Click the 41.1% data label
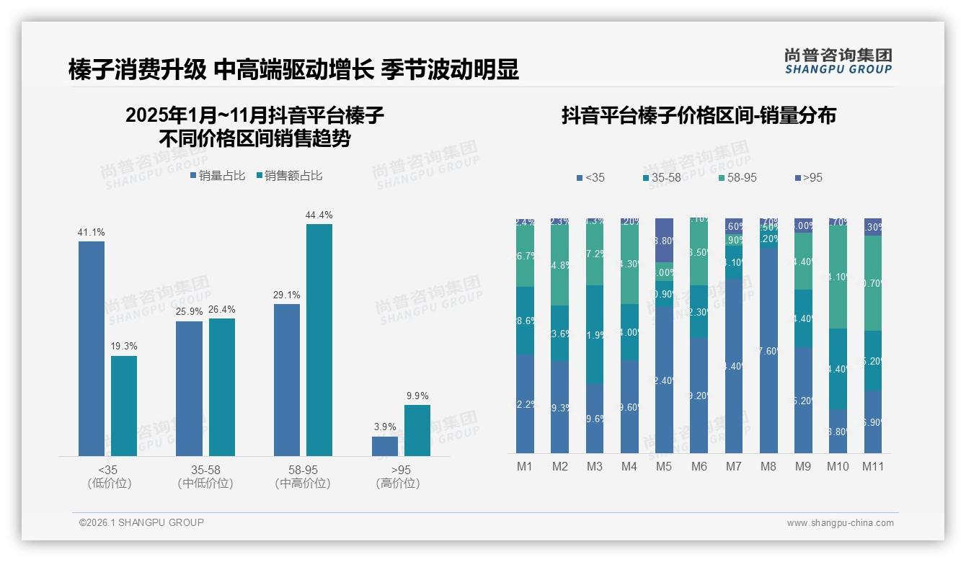[92, 232]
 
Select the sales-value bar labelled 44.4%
[319, 339]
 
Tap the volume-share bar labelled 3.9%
[385, 446]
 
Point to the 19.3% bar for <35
[124, 406]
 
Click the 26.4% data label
[222, 310]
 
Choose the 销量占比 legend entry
[218, 176]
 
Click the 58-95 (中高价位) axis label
[303, 476]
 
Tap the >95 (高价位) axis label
[398, 476]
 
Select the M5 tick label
[664, 466]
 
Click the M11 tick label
[873, 466]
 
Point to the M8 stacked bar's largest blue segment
[768, 350]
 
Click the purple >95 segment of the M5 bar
[664, 240]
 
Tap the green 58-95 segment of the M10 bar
[838, 277]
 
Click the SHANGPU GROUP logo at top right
[838, 61]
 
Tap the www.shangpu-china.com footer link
[840, 522]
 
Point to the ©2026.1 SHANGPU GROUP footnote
[141, 522]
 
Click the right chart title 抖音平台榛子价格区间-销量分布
[699, 116]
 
